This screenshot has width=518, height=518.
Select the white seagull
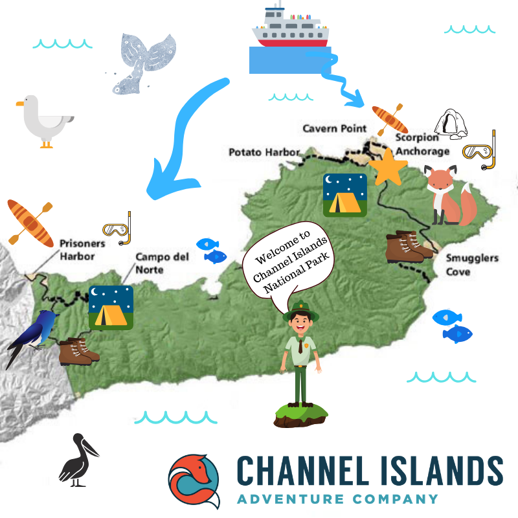(44, 123)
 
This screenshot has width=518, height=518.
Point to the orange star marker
(388, 166)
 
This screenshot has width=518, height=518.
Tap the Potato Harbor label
(264, 152)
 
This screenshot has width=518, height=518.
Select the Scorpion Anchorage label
(422, 144)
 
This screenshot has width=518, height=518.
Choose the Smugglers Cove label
(472, 264)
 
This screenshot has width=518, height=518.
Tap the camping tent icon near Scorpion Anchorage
(345, 194)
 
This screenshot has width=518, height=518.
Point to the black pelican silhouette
(76, 461)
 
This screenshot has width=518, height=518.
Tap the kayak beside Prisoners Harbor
(30, 223)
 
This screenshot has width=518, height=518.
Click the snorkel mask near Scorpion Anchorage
(480, 151)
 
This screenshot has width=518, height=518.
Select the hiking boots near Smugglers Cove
(405, 247)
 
